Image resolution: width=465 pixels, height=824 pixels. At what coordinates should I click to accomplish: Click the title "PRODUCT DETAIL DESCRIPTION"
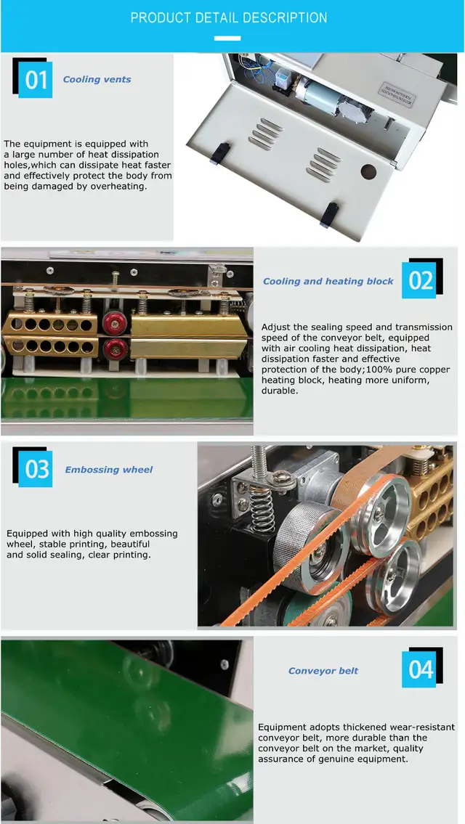[229, 18]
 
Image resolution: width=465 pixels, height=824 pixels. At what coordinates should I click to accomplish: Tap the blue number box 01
[36, 81]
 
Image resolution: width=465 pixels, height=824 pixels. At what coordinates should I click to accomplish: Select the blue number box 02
[420, 281]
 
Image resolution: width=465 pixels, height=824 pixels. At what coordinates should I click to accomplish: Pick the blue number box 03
[36, 469]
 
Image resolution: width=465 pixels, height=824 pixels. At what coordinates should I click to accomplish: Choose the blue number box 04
[420, 669]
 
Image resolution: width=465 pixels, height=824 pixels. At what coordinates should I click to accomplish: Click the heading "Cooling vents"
[97, 80]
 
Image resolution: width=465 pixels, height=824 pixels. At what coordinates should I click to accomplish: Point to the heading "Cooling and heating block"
[328, 282]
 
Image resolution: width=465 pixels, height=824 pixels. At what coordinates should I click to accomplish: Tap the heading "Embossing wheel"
[109, 470]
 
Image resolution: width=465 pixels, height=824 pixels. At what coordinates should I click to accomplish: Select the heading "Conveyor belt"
[323, 671]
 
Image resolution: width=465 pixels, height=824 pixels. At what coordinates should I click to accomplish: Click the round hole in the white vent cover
[369, 171]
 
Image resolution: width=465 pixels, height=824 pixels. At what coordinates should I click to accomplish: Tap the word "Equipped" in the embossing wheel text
[27, 534]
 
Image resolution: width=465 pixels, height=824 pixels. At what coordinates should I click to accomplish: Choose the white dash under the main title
[227, 38]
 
